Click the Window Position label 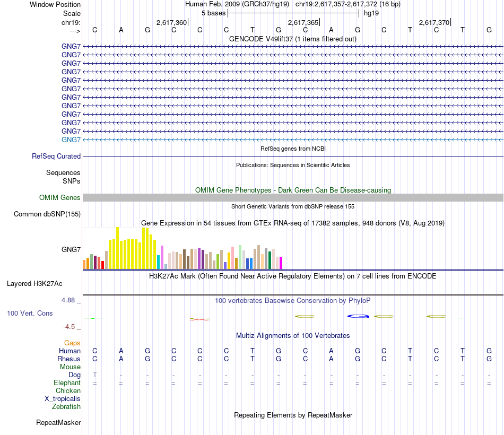point(55,4)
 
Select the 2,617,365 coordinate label point(303,22)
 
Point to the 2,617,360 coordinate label point(172,22)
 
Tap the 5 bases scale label point(213,13)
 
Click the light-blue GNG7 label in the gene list point(71,140)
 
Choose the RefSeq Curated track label point(56,156)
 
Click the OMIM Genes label point(60,198)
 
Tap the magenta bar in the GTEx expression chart point(281,263)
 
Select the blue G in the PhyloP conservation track point(358,317)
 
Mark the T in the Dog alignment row point(95,375)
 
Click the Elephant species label point(67,383)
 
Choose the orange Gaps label point(72,343)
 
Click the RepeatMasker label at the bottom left point(58,423)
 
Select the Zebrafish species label point(66,407)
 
